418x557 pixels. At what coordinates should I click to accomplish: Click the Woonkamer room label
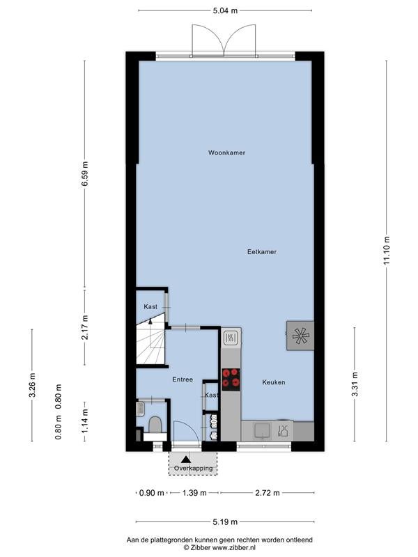click(227, 152)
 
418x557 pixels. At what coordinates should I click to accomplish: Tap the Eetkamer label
click(262, 252)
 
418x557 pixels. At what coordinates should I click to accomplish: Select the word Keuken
click(274, 382)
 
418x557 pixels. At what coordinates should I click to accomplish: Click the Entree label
click(183, 379)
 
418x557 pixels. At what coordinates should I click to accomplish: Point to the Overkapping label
click(194, 468)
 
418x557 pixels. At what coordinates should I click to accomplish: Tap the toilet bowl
click(155, 425)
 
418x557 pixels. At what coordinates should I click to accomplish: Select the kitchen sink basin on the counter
click(263, 430)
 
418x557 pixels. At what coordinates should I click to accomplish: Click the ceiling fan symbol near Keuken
click(301, 336)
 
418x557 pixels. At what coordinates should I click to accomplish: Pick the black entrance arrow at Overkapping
click(186, 460)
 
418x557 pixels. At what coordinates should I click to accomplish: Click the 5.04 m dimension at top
click(225, 10)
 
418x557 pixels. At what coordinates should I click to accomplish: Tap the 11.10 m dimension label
click(387, 250)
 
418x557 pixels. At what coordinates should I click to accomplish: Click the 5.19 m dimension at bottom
click(225, 521)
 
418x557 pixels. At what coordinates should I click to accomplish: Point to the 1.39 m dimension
click(194, 493)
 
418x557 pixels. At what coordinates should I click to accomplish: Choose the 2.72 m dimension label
click(268, 493)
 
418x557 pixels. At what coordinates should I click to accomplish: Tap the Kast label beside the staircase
click(150, 306)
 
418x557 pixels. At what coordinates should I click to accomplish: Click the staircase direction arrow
click(150, 321)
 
